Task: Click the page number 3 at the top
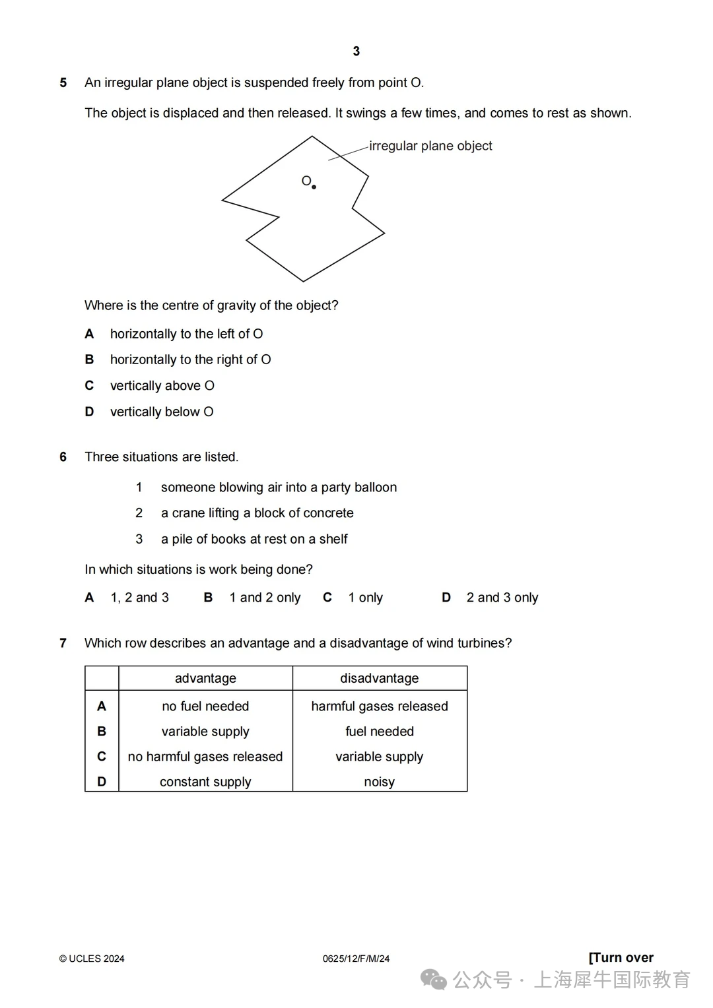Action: point(356,51)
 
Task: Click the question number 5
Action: point(63,83)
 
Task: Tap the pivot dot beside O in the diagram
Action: point(314,187)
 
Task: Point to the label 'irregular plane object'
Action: point(430,146)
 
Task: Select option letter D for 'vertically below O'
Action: point(89,412)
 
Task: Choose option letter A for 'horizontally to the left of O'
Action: point(89,334)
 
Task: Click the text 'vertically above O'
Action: point(162,386)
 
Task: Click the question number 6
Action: point(63,457)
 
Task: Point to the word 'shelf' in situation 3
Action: point(333,540)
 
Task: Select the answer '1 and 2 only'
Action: point(265,598)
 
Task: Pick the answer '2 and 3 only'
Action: point(502,598)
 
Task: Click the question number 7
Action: point(63,643)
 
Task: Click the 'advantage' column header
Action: point(205,678)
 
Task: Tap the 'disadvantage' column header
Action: point(380,678)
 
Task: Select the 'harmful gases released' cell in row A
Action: point(380,707)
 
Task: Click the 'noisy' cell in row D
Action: point(380,782)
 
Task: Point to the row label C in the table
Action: point(102,757)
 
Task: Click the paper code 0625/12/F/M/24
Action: point(356,959)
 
